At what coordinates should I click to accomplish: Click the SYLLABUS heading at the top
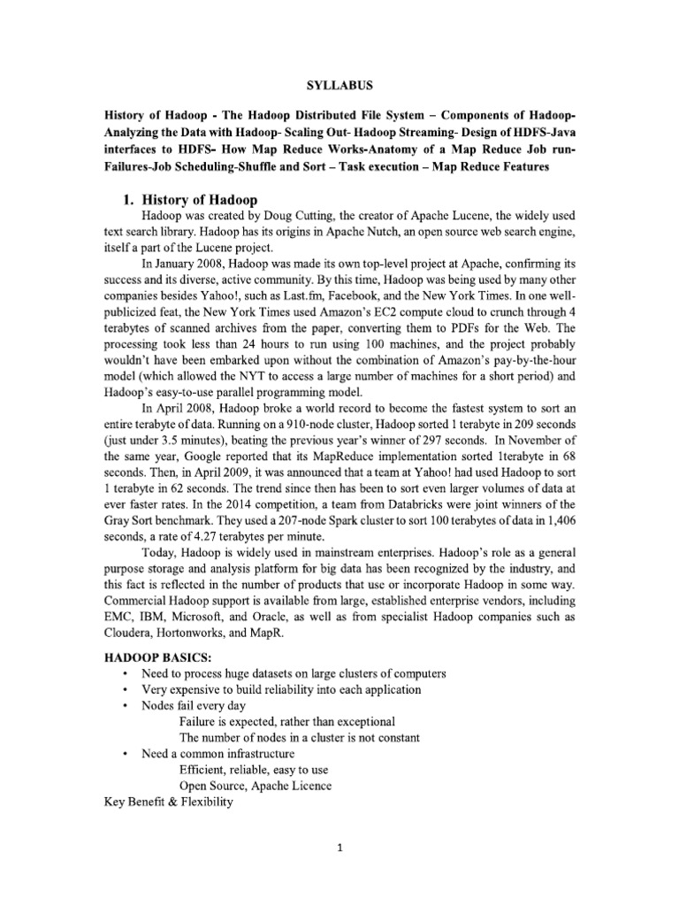tap(338, 86)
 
